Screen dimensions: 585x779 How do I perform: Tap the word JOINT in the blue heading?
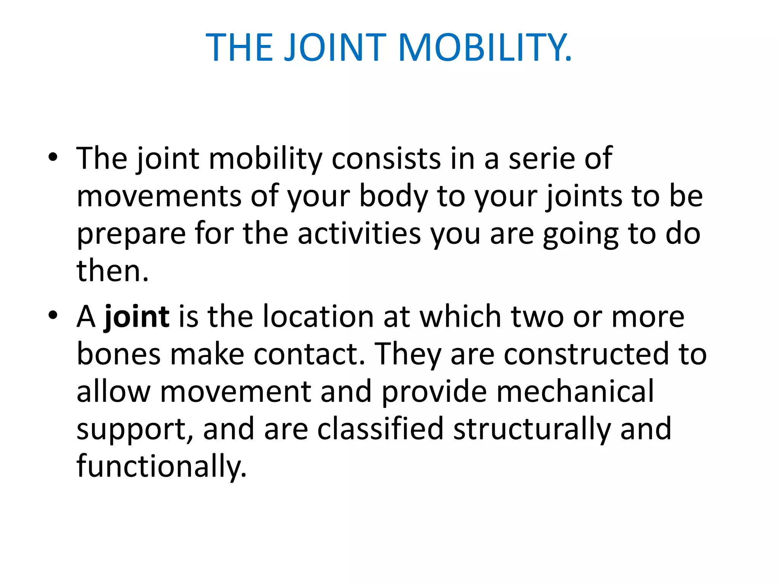(x=335, y=47)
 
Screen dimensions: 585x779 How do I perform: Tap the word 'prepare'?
(x=131, y=234)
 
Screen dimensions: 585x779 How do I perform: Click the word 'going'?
(x=580, y=234)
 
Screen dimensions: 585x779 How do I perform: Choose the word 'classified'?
(x=380, y=429)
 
